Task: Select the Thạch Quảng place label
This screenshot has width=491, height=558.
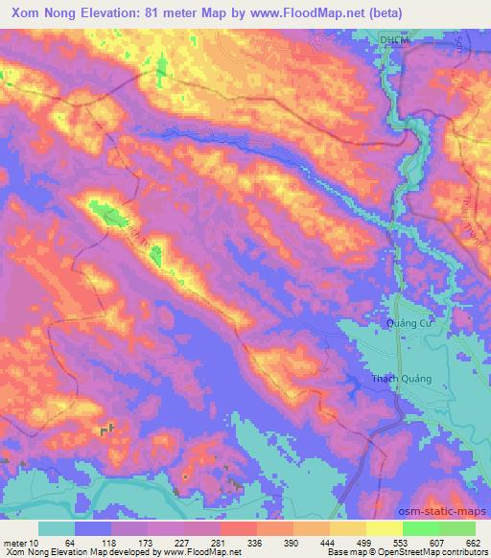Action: click(402, 379)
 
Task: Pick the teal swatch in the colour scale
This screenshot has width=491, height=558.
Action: click(57, 527)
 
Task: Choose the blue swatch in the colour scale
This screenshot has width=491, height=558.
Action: click(93, 527)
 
